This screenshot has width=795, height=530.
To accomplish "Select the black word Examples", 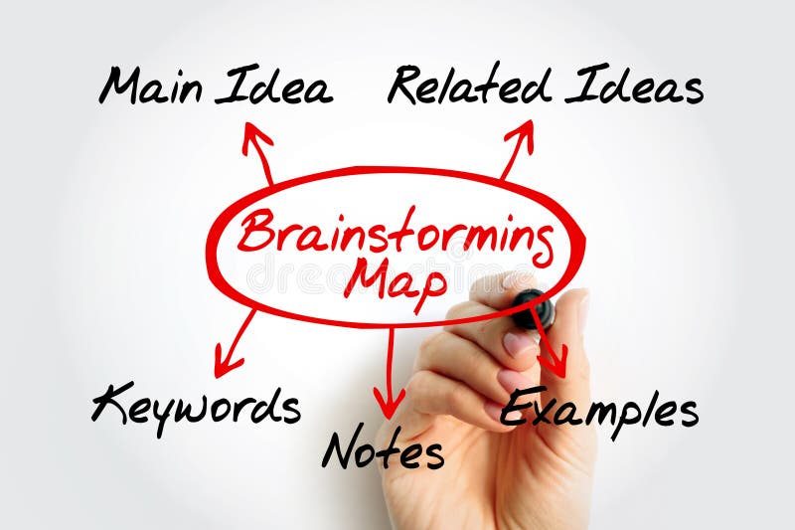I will (598, 408).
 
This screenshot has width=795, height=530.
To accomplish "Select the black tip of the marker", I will (530, 308).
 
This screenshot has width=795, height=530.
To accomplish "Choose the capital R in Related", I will (407, 85).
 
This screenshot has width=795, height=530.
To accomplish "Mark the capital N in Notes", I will (341, 449).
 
